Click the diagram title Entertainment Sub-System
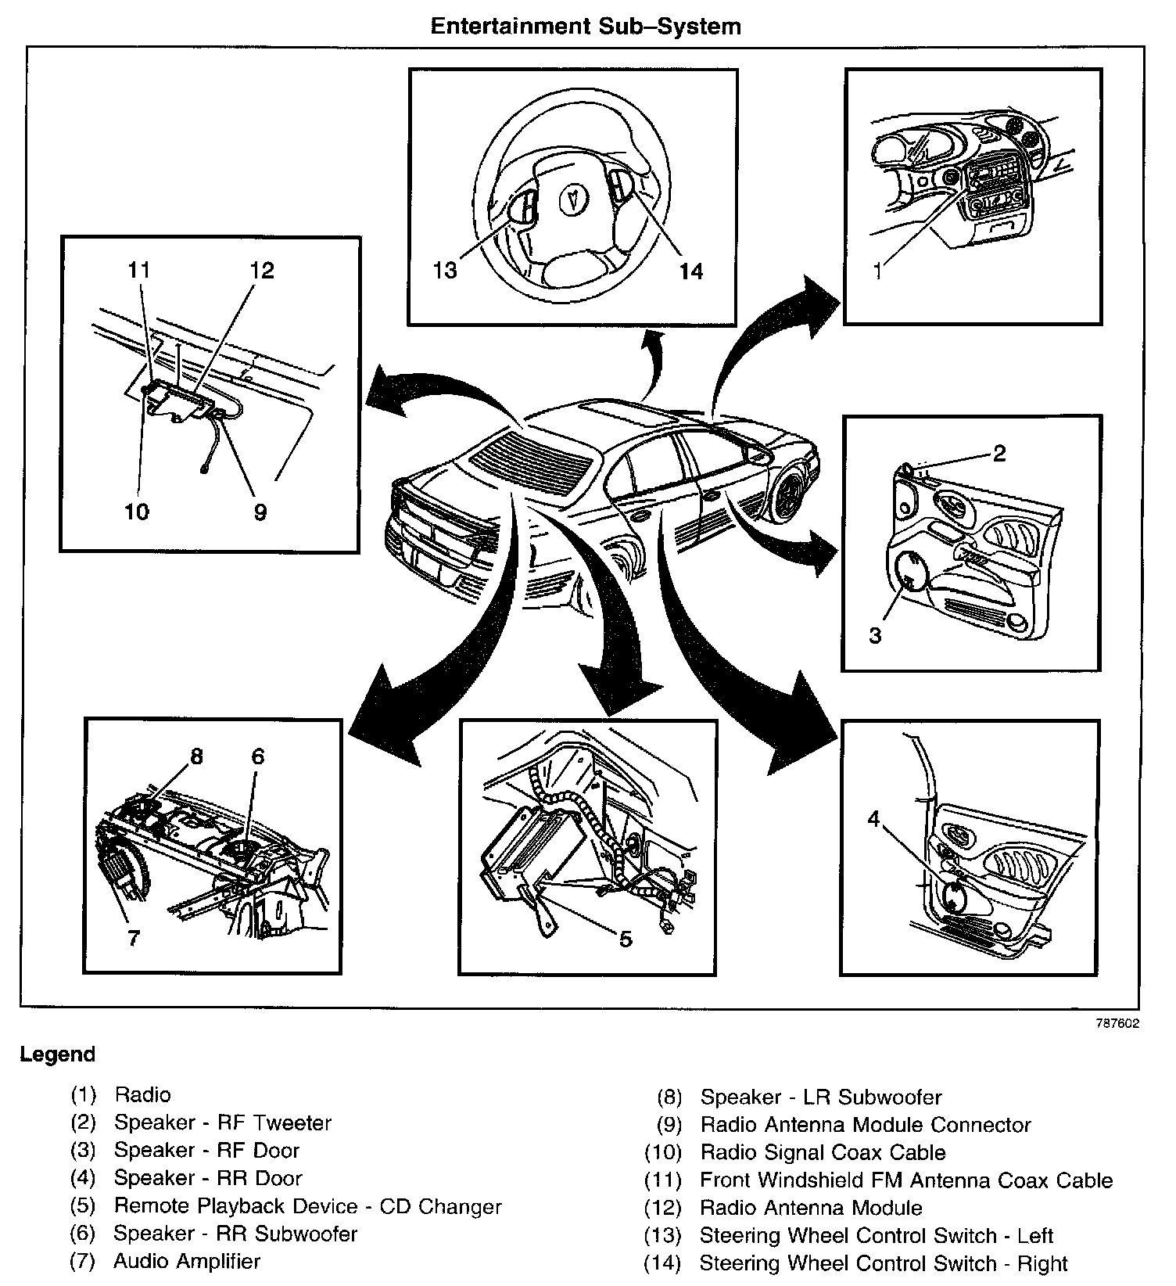point(586,27)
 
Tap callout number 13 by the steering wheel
point(445,271)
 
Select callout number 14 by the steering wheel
point(691,271)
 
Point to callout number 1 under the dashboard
point(878,271)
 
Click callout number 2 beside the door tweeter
point(999,453)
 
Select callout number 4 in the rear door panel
point(874,819)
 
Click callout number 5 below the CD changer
point(625,939)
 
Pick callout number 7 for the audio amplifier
point(134,938)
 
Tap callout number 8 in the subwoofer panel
point(195,756)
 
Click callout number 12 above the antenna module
point(262,271)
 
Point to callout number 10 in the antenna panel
point(136,512)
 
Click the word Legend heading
point(58,1054)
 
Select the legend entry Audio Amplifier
point(187,1261)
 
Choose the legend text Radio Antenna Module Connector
point(866,1125)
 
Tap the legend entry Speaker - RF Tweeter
point(223,1123)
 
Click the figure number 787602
point(1117,1023)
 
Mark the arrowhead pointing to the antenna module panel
point(379,395)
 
